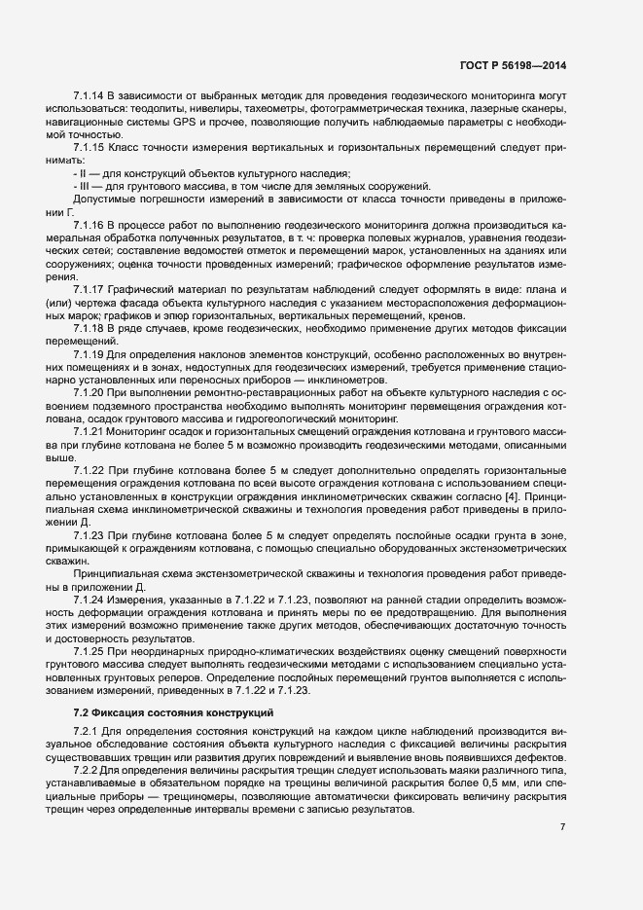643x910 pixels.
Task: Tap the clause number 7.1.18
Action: pyautogui.click(x=89, y=328)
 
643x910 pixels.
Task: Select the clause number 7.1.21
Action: pyautogui.click(x=89, y=429)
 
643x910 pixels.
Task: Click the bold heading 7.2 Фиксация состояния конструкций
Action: pyautogui.click(x=167, y=713)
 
